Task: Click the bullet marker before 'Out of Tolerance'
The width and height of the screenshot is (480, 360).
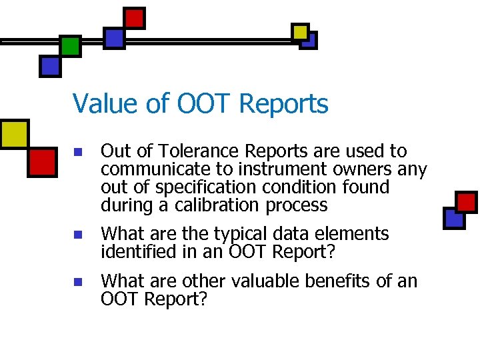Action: pos(78,153)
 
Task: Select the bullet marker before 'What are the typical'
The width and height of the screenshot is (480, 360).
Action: pos(78,235)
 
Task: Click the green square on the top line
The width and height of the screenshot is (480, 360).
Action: pos(70,45)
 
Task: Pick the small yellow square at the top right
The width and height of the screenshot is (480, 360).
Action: pos(301,31)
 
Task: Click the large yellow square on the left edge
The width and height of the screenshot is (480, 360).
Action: pos(13,134)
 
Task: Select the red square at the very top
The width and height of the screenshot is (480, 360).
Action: pos(135,17)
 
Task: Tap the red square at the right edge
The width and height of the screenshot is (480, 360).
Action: pos(466,201)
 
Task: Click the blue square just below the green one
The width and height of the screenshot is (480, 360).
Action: pos(51,65)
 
